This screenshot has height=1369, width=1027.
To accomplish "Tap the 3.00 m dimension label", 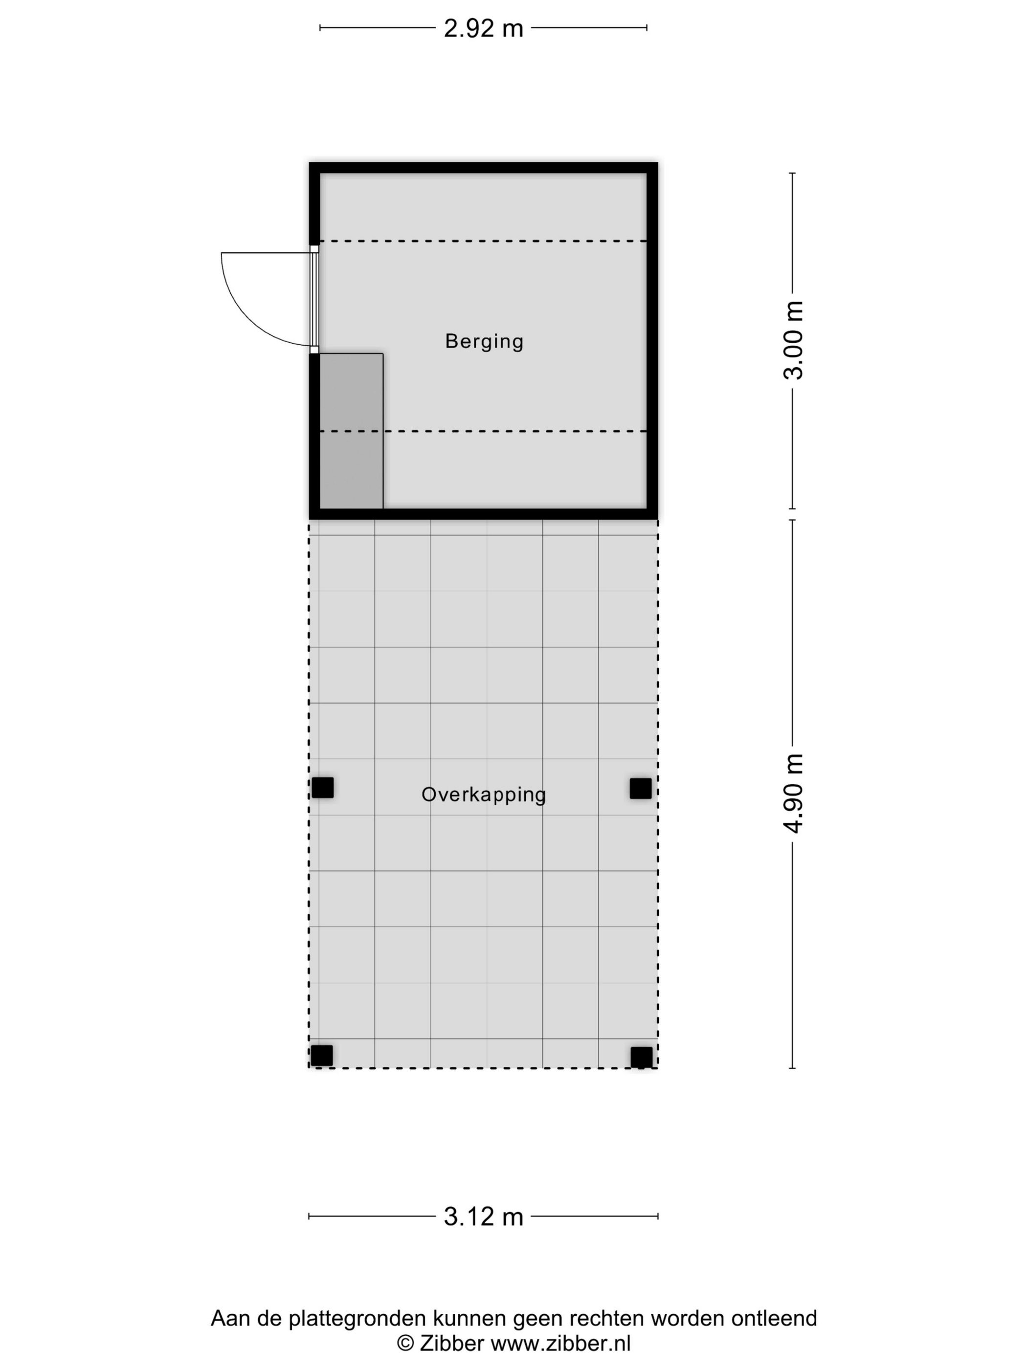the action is tap(793, 340).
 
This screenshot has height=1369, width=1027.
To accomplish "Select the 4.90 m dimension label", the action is tap(793, 794).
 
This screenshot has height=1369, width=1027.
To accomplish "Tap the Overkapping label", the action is tap(484, 795).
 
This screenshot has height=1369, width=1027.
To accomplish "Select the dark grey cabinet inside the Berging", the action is tap(351, 431).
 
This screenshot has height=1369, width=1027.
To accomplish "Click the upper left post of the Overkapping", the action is tap(322, 788).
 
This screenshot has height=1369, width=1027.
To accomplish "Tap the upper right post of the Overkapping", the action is tap(641, 789).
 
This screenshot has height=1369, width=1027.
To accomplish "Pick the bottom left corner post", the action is tap(322, 1056).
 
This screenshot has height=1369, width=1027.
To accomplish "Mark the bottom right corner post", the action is tap(641, 1057).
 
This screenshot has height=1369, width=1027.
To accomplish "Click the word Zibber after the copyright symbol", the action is tap(452, 1344).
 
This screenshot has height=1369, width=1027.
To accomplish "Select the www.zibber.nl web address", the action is tap(561, 1344).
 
